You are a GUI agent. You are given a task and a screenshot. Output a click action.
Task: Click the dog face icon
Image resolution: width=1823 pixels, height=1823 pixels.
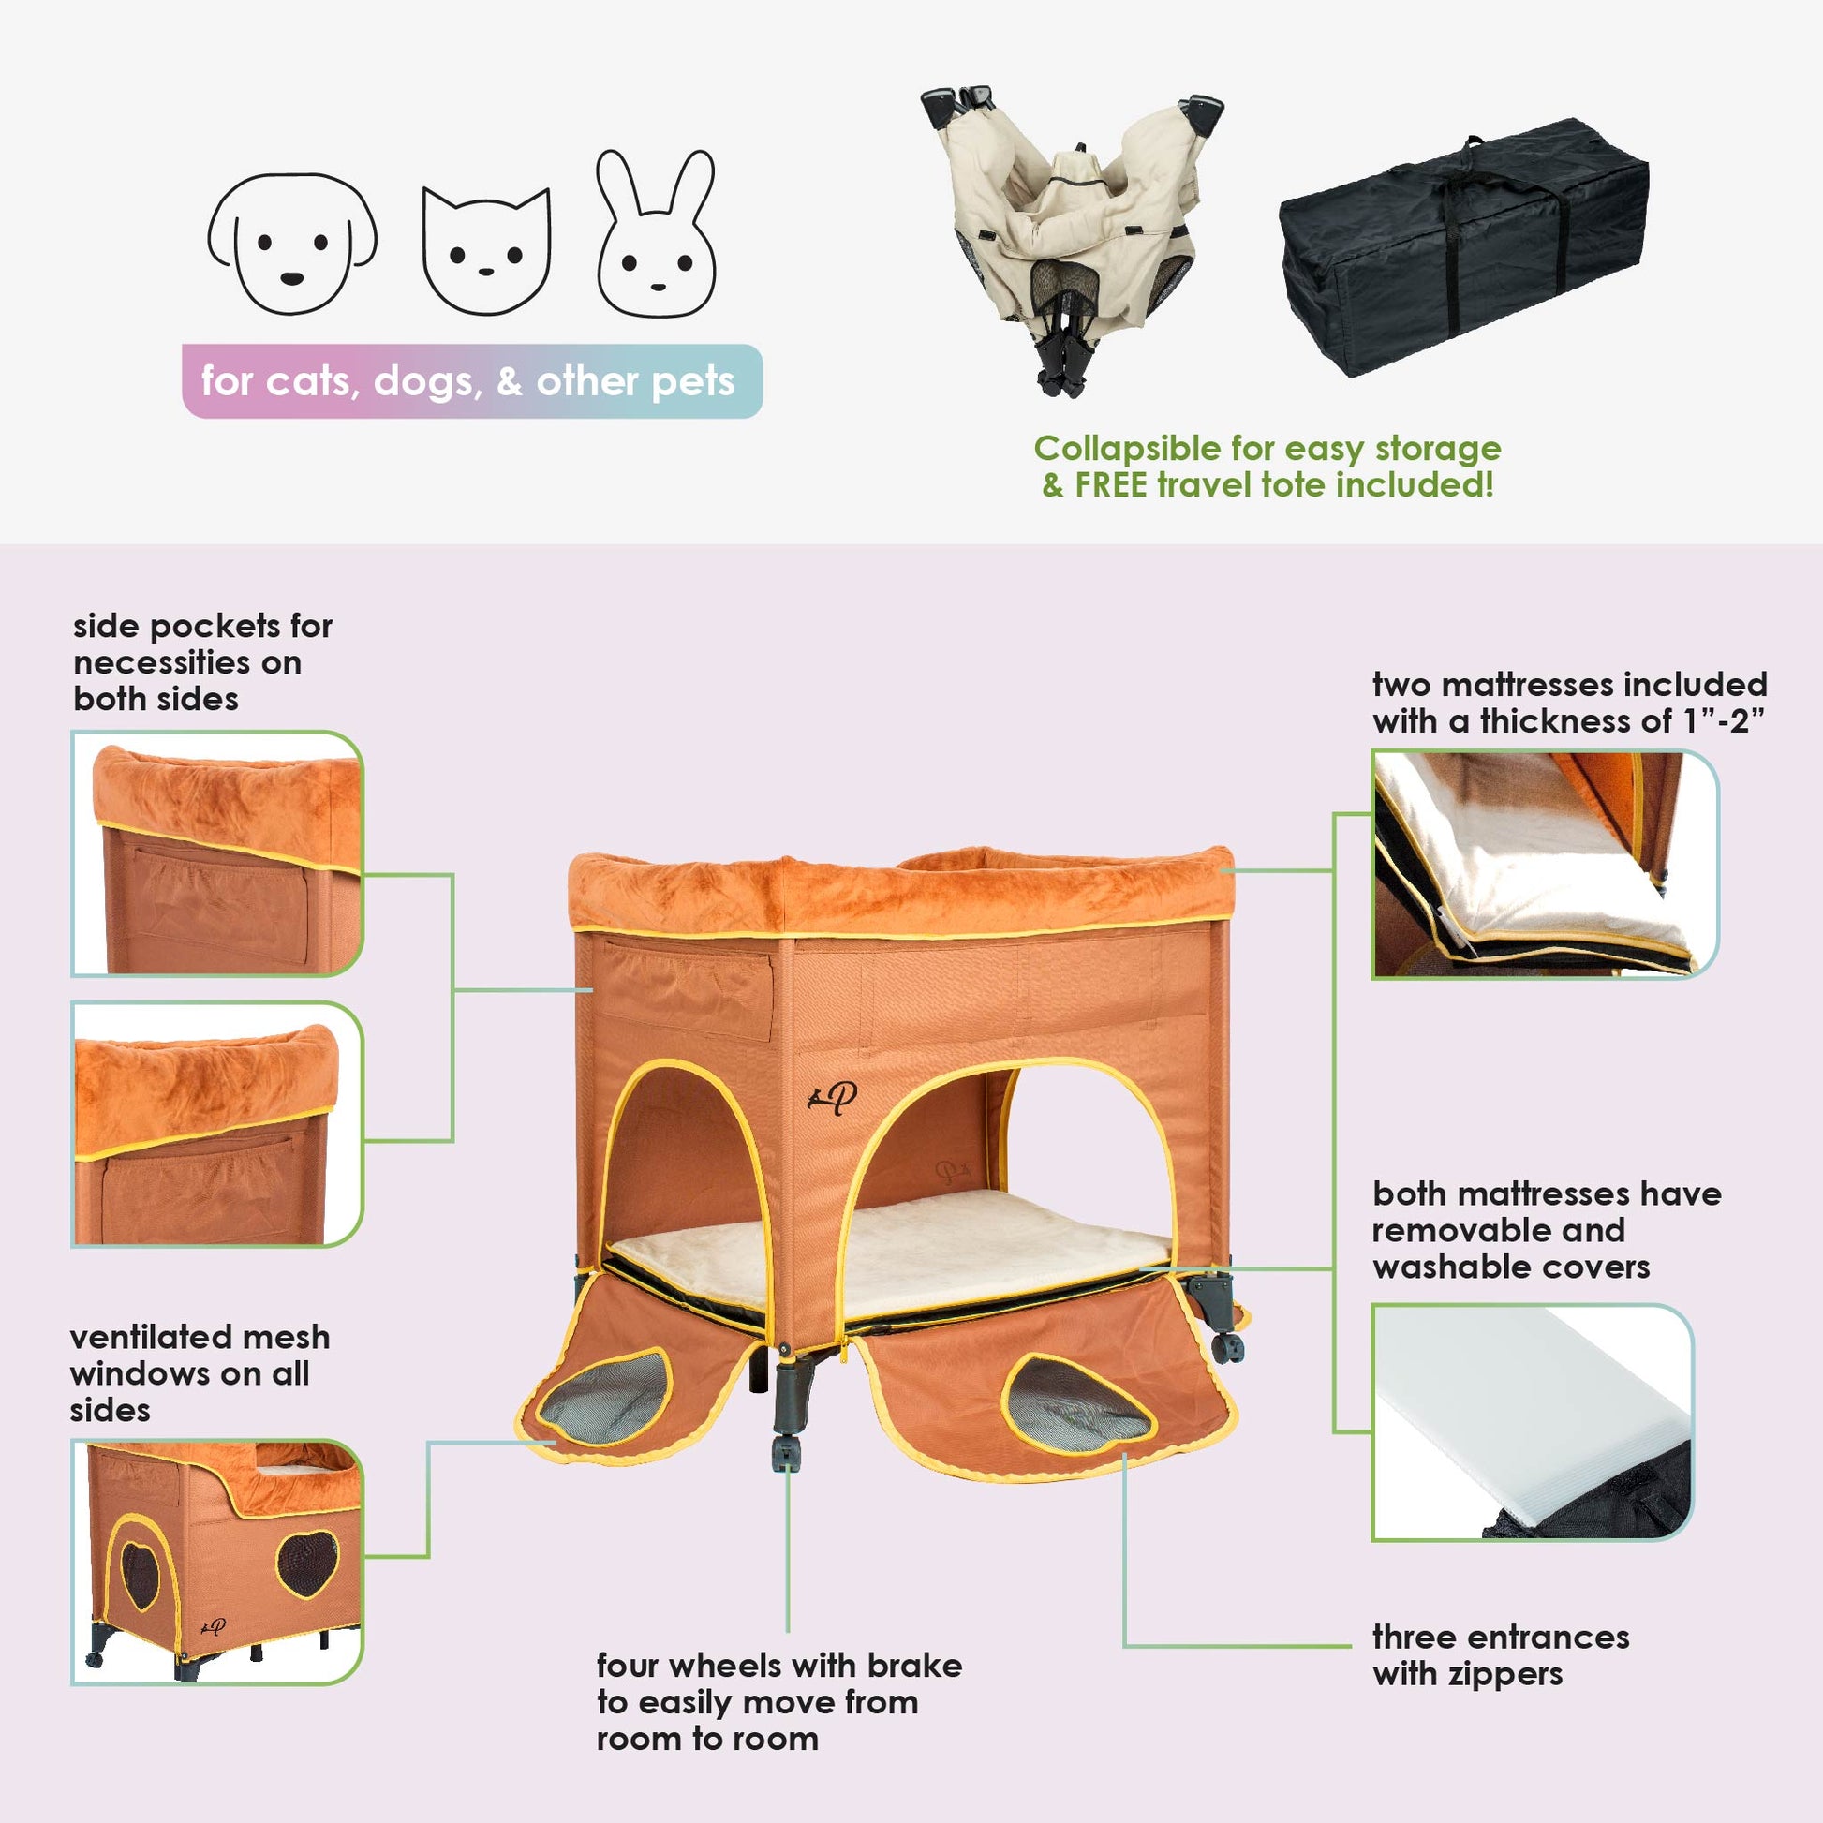tap(292, 244)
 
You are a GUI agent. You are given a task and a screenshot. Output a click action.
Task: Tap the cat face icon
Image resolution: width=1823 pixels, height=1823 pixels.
tap(486, 251)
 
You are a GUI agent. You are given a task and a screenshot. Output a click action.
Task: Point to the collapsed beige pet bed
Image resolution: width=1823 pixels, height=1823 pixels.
tap(1071, 236)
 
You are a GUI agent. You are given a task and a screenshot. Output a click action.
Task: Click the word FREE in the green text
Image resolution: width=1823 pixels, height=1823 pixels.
tap(1113, 485)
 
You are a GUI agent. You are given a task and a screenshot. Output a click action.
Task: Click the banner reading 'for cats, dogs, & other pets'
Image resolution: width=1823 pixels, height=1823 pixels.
tap(472, 381)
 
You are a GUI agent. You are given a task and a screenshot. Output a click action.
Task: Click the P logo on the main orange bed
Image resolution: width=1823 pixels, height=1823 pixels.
tap(833, 1097)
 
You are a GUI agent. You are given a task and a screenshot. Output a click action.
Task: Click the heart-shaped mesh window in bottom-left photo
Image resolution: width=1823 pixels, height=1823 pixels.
tap(307, 1564)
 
